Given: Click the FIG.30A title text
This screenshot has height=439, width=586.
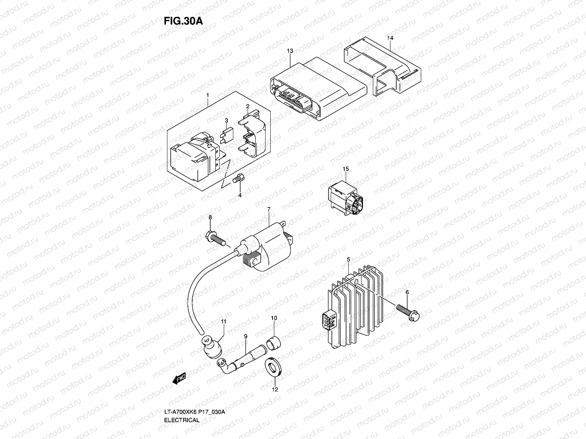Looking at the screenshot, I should click(x=183, y=20).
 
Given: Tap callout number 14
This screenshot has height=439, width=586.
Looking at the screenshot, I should click(x=390, y=38).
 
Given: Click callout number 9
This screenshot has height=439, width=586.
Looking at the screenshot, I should click(x=246, y=336).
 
